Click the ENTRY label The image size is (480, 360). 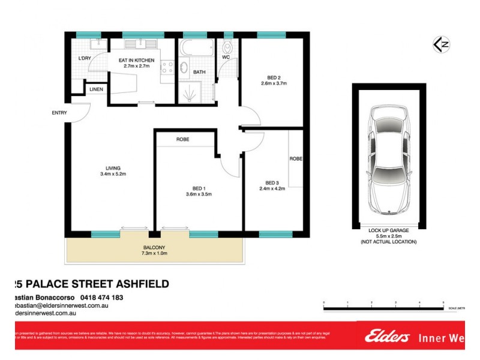tap(59, 113)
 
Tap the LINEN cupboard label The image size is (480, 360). tap(96, 89)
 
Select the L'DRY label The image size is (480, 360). tap(85, 58)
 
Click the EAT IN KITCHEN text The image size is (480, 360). tap(136, 61)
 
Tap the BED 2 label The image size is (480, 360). tap(274, 77)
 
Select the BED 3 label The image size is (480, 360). tap(272, 183)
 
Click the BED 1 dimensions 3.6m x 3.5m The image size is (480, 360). tap(198, 194)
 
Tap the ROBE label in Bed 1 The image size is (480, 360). tap(183, 139)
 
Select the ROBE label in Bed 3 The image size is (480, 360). tap(296, 159)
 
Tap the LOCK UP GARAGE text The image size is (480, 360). tap(388, 230)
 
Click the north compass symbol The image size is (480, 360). tap(441, 44)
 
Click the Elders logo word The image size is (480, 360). tap(387, 337)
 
